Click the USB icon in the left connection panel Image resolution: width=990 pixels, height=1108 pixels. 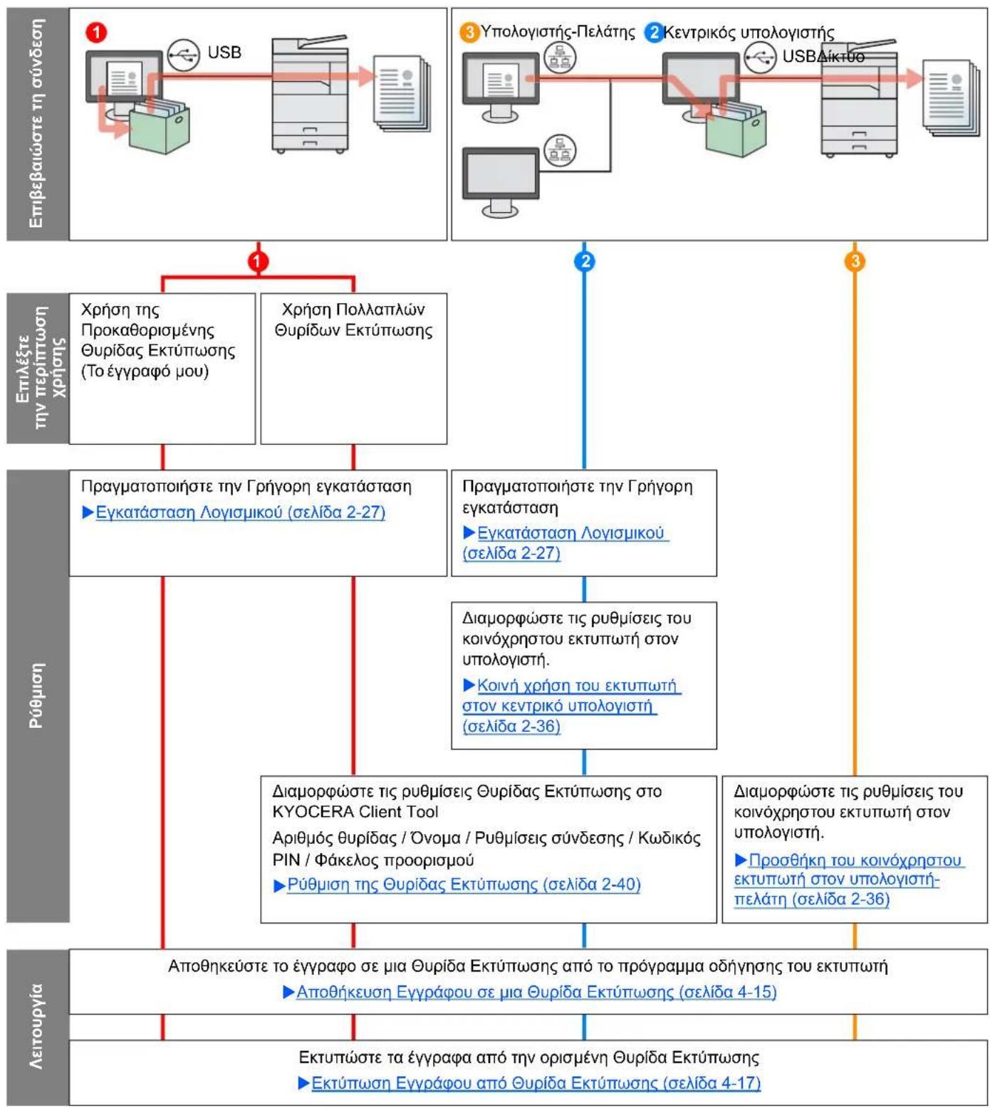(x=184, y=55)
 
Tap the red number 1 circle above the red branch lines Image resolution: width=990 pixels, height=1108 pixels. (x=258, y=262)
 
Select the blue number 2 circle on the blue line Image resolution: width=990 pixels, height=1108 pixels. (x=584, y=262)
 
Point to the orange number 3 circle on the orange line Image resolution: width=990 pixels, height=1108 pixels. (x=855, y=262)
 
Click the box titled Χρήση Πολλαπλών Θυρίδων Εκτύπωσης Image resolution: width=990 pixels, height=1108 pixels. (x=354, y=369)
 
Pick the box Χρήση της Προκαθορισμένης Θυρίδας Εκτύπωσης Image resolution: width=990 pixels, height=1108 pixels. (x=162, y=369)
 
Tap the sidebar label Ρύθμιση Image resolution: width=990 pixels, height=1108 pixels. (x=37, y=696)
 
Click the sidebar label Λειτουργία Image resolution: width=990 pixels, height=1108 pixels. (x=37, y=1026)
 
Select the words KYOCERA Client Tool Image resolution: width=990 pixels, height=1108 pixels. (x=355, y=811)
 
